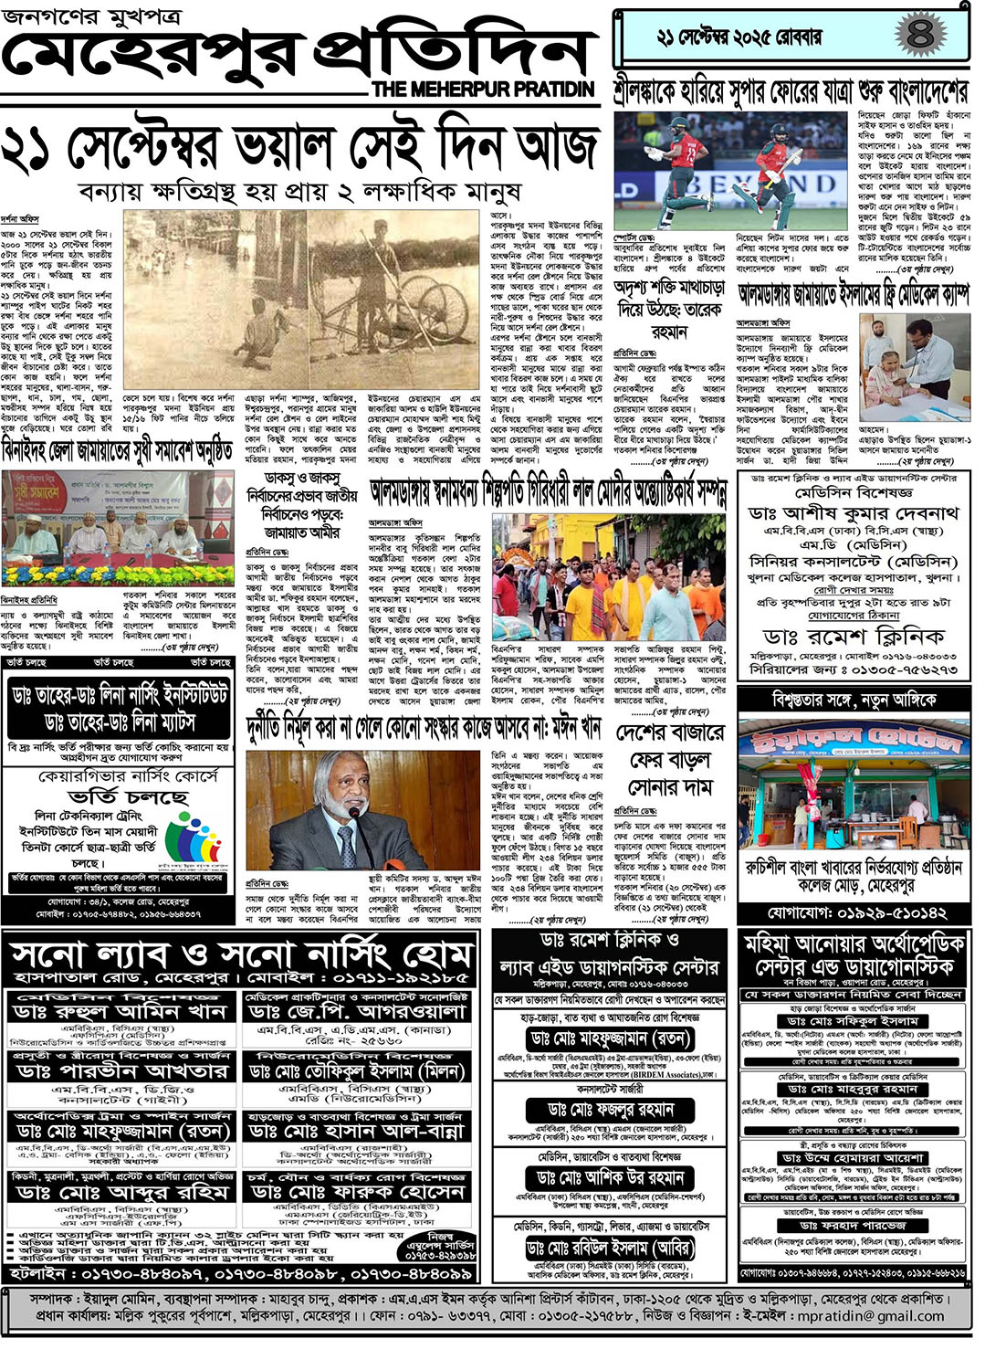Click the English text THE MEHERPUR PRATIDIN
[483, 90]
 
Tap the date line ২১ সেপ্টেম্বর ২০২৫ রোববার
[739, 37]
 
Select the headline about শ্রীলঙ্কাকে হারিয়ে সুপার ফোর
[791, 90]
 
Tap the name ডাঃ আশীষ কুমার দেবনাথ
[854, 513]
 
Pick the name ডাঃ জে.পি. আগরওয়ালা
[357, 1012]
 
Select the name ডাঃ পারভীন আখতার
[121, 1070]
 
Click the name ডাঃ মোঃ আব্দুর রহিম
[121, 1192]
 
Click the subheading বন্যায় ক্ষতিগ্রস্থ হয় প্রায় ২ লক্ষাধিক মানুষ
[299, 191]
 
